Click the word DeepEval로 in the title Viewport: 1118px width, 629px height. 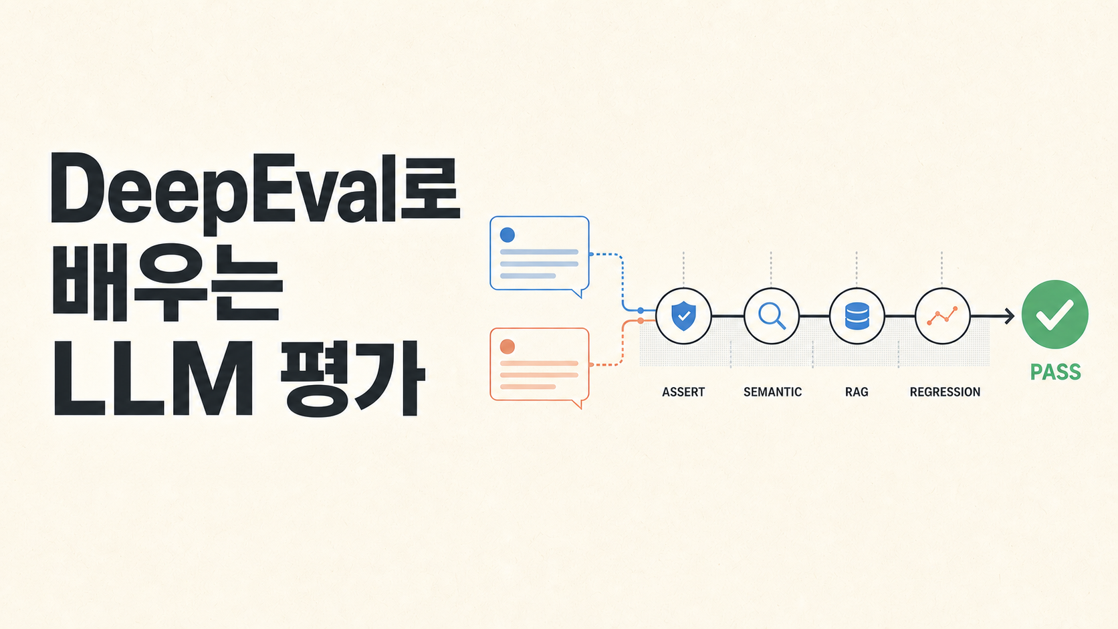[255, 192]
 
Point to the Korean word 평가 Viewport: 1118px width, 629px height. [353, 379]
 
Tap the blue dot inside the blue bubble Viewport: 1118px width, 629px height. [507, 235]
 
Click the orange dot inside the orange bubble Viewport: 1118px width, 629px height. [507, 346]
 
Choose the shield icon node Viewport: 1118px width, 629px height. [683, 316]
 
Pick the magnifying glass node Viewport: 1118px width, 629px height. [771, 316]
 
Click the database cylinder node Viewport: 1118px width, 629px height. [857, 316]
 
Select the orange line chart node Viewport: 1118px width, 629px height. [942, 316]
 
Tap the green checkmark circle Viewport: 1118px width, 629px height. [1054, 314]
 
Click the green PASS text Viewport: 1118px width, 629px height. [1056, 372]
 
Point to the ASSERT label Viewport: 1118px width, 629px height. [683, 392]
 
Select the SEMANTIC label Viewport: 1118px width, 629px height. [772, 392]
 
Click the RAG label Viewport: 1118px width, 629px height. [857, 392]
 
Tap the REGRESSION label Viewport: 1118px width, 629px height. [945, 392]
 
